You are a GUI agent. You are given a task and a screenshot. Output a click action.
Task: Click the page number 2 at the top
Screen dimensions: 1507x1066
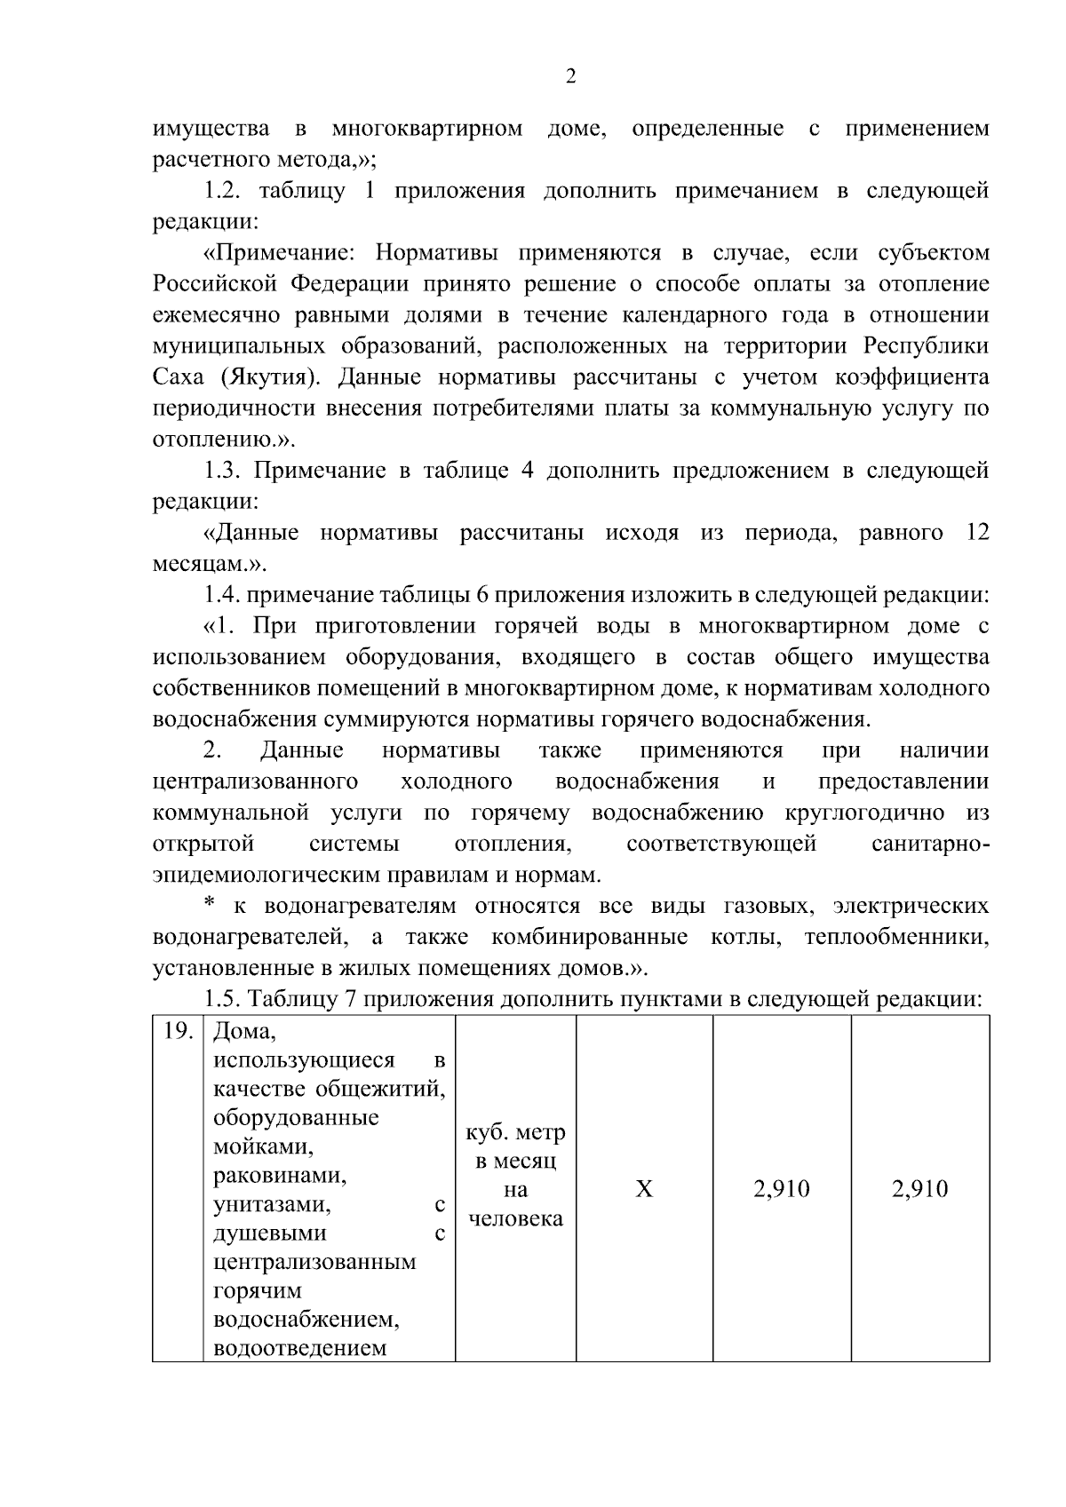(x=570, y=77)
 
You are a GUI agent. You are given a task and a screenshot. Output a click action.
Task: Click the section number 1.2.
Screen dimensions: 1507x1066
(x=223, y=191)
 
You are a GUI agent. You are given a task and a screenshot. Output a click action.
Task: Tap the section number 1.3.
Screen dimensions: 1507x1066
(x=223, y=471)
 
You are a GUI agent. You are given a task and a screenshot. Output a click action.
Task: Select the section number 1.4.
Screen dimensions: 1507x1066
(x=223, y=595)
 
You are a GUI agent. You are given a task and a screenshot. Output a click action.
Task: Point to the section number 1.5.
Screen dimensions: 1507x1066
(x=223, y=1000)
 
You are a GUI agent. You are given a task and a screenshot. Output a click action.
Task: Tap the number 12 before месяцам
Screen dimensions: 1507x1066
(x=975, y=533)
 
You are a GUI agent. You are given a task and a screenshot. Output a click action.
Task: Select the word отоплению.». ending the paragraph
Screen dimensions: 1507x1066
(x=223, y=440)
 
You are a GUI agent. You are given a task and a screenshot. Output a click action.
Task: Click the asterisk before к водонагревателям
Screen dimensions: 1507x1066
(x=211, y=906)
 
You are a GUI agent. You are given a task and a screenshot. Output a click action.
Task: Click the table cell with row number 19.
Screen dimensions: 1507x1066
(x=179, y=1033)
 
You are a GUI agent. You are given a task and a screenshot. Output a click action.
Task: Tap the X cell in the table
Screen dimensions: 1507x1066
(x=644, y=1189)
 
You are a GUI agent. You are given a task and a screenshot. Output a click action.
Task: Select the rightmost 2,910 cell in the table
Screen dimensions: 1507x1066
(x=920, y=1189)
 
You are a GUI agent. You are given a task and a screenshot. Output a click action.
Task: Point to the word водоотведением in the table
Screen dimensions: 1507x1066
(x=300, y=1348)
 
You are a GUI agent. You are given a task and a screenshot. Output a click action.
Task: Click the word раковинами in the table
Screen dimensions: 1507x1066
(x=280, y=1176)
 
